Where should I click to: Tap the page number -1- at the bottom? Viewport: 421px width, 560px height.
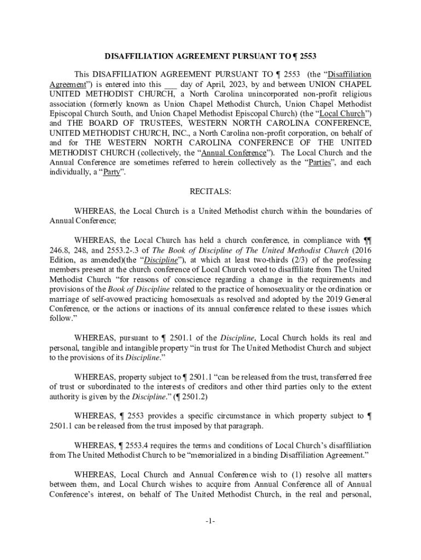click(210, 521)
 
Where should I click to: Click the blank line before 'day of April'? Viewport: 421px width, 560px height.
click(171, 84)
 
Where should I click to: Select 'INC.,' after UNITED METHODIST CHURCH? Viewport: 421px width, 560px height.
click(180, 133)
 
